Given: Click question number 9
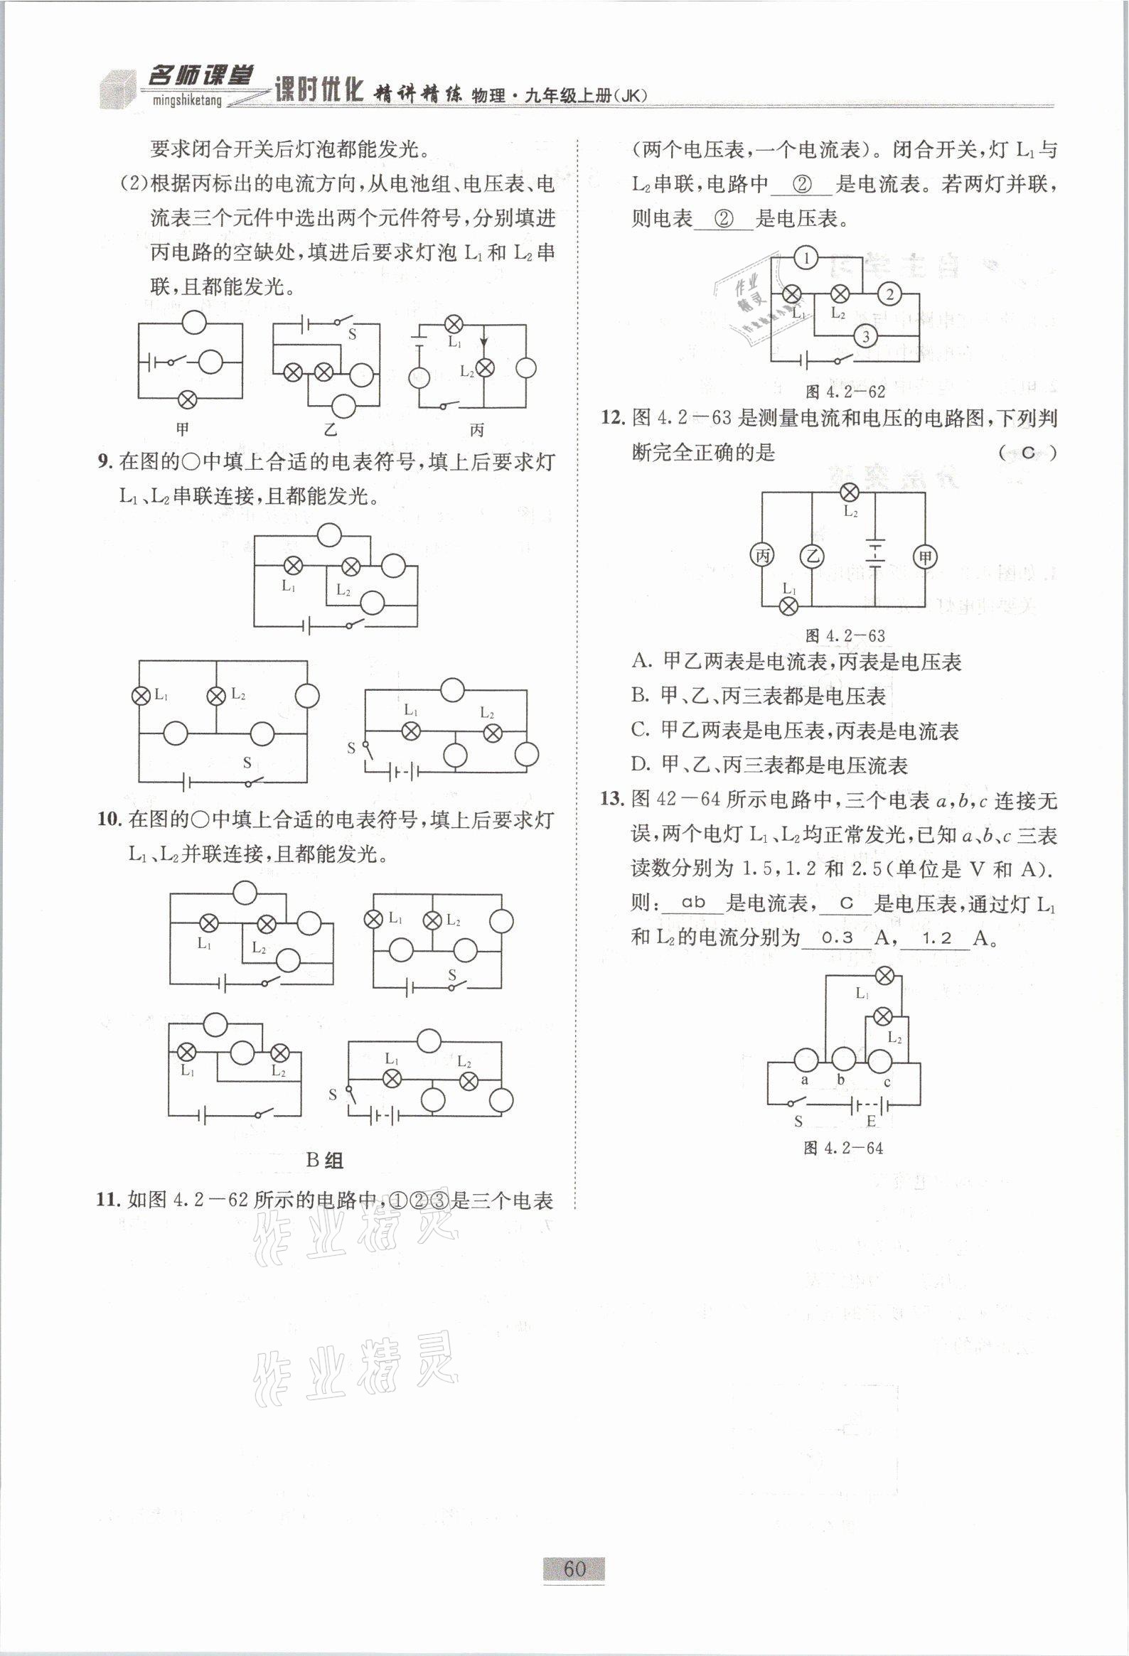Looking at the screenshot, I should [x=105, y=463].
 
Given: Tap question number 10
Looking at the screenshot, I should [x=107, y=819].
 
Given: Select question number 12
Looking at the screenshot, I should [x=611, y=418].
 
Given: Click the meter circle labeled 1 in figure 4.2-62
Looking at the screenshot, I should [x=806, y=258].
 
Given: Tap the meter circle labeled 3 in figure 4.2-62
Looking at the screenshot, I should [x=865, y=335].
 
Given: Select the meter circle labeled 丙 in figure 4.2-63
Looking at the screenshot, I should [x=762, y=556].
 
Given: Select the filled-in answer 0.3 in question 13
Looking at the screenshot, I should [x=837, y=937].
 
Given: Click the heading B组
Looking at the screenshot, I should [x=324, y=1160].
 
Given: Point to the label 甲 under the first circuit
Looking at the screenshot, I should [x=183, y=429].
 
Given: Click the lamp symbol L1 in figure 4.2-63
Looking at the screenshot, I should [x=788, y=606].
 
